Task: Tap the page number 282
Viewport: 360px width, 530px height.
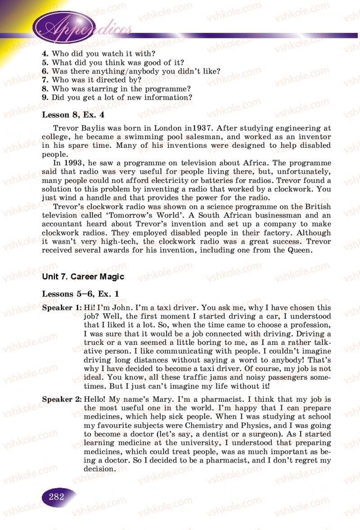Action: coord(57,497)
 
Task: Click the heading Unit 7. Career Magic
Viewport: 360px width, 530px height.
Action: coord(83,276)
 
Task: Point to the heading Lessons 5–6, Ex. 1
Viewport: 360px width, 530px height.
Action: coord(81,294)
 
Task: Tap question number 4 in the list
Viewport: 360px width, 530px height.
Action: coord(45,54)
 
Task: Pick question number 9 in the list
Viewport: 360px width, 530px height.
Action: coord(45,97)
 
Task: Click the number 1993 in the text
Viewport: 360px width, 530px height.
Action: coord(73,163)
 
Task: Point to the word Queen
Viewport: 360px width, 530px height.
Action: coord(297,250)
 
